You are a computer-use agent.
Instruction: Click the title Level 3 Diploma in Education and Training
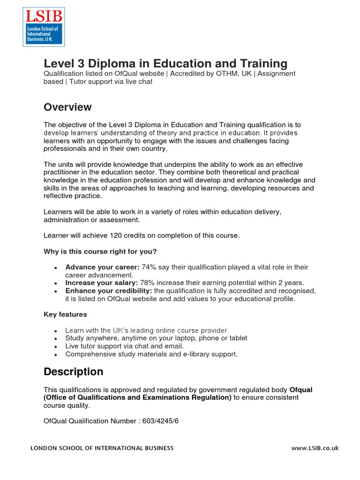[x=165, y=63]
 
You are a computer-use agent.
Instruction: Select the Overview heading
[x=67, y=107]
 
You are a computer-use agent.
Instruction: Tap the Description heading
[x=73, y=372]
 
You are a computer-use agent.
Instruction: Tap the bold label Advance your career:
[x=102, y=267]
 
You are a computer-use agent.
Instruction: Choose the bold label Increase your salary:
[x=101, y=283]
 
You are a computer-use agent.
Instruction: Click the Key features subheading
[x=65, y=314]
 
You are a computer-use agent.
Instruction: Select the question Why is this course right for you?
[x=100, y=252]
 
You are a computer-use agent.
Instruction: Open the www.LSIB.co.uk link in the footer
[x=315, y=448]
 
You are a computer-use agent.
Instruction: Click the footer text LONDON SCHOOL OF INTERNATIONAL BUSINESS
[x=102, y=448]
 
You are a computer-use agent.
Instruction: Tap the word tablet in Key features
[x=237, y=338]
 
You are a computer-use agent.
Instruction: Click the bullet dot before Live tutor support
[x=56, y=346]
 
